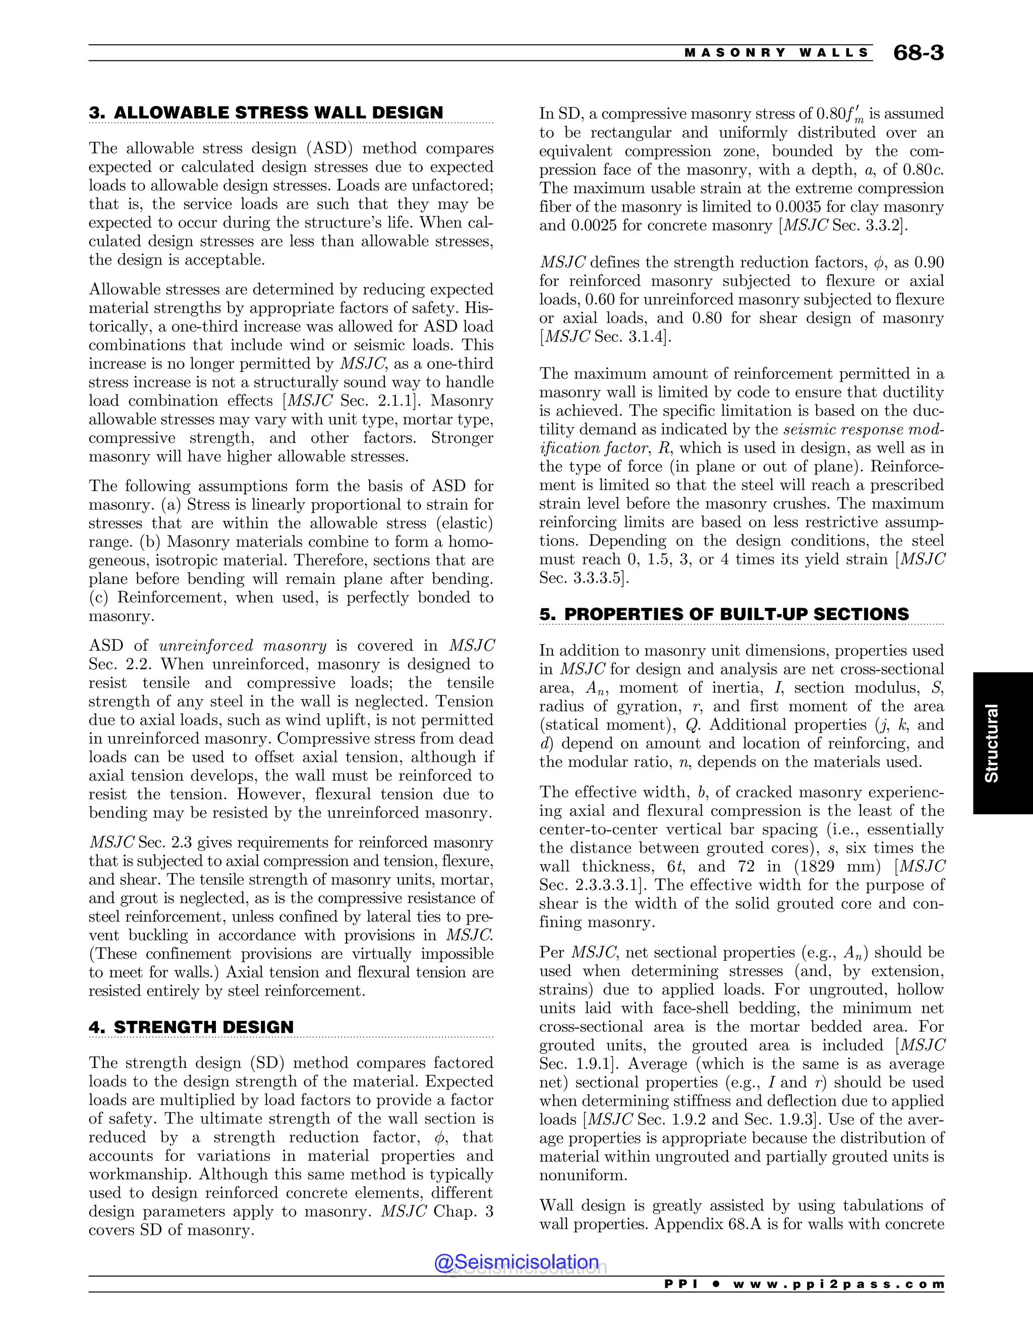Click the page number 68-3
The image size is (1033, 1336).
[918, 53]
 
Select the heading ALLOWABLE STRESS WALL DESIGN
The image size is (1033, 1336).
[278, 112]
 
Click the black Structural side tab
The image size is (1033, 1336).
[991, 743]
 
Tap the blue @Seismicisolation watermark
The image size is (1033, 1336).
[516, 1262]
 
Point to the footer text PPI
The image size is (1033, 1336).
[680, 1284]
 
